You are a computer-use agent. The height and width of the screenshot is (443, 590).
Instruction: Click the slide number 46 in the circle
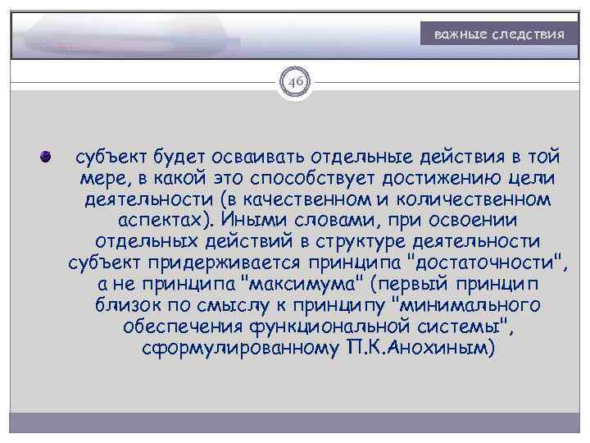click(x=295, y=83)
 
